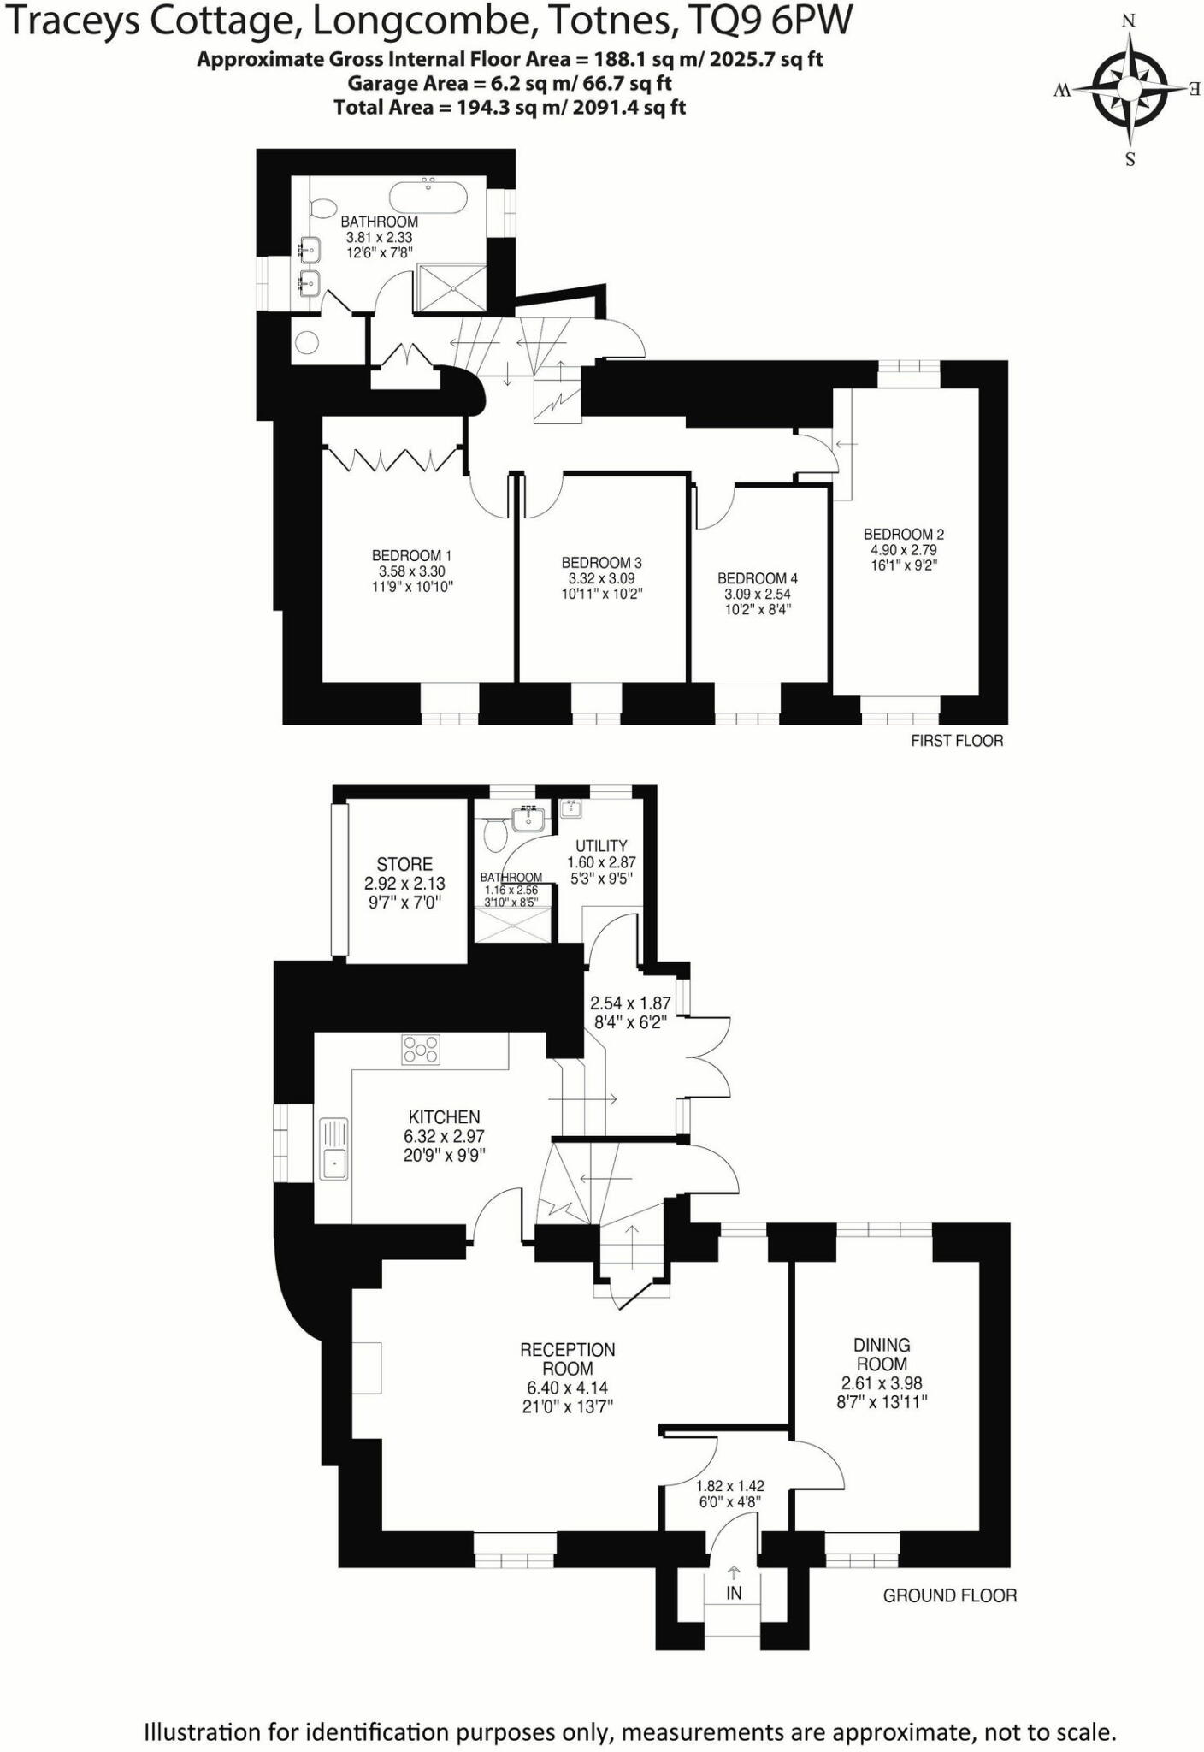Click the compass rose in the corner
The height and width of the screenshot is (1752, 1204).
tap(1130, 88)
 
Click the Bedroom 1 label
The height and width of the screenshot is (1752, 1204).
tap(411, 556)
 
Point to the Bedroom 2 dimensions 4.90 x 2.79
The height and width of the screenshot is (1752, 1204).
tap(904, 550)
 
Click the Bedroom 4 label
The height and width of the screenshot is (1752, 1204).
tap(758, 579)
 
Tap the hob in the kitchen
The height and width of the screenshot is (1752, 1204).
tap(421, 1050)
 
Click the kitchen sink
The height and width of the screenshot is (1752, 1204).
tap(334, 1148)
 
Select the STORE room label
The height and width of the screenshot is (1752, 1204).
tap(404, 864)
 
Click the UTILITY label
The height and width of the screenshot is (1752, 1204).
tap(601, 845)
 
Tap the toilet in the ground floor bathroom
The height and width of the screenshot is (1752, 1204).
tap(493, 834)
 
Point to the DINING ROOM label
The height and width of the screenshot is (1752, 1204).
tap(882, 1354)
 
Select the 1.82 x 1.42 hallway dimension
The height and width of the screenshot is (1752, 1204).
tap(729, 1486)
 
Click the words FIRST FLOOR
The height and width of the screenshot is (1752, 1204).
tap(957, 741)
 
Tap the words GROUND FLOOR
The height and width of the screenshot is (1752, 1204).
tap(950, 1595)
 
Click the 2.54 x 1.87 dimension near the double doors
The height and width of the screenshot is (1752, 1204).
tap(630, 1003)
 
